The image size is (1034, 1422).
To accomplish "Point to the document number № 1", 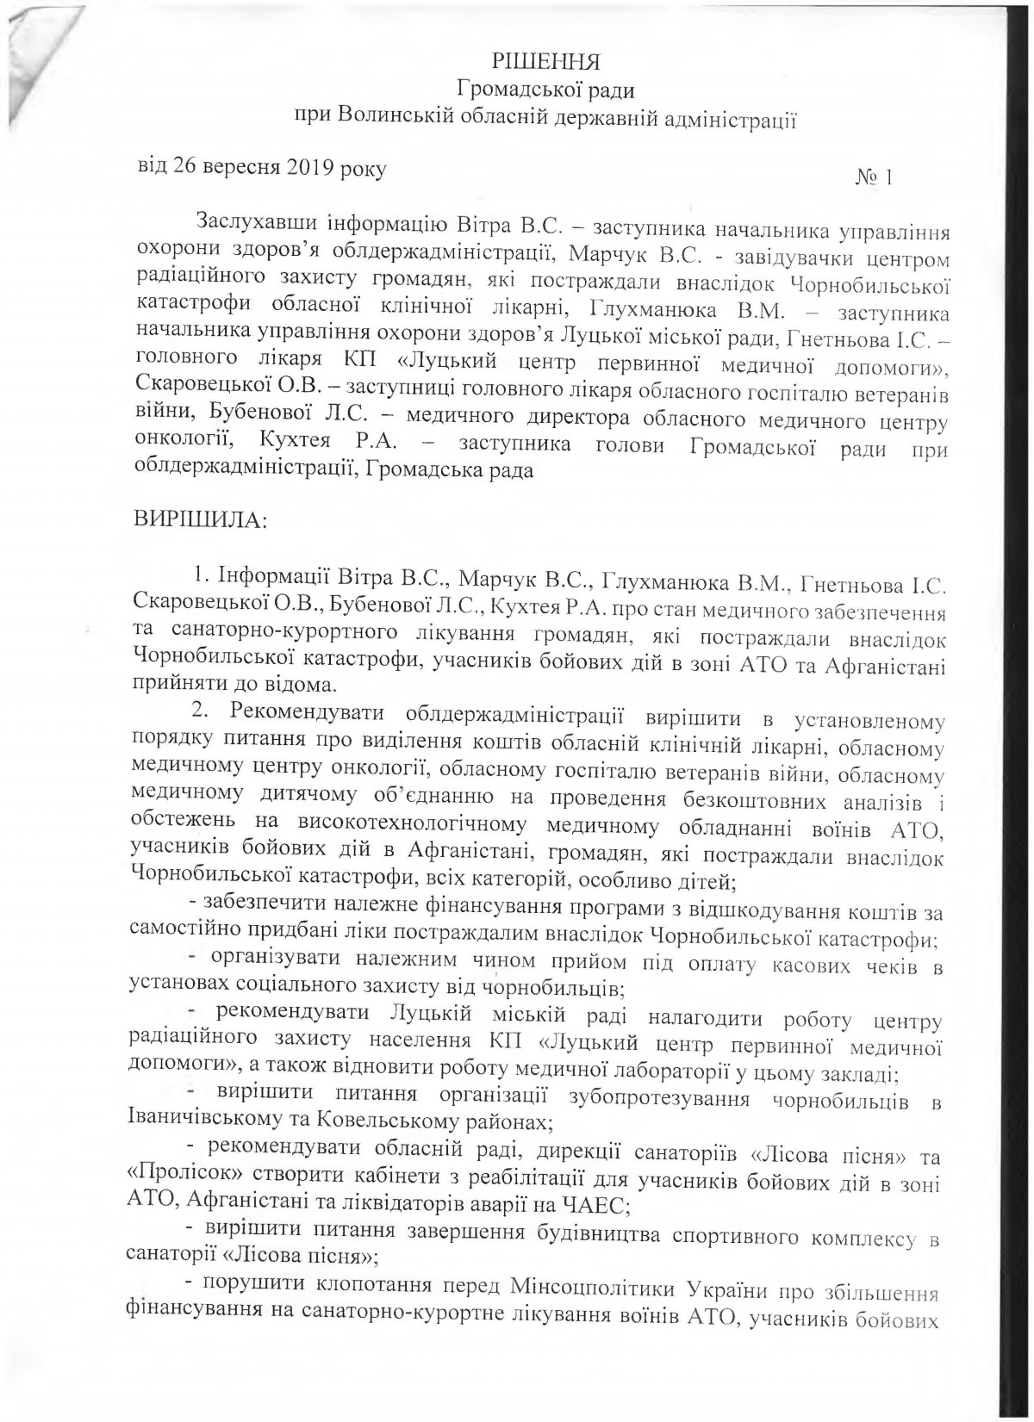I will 873,177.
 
